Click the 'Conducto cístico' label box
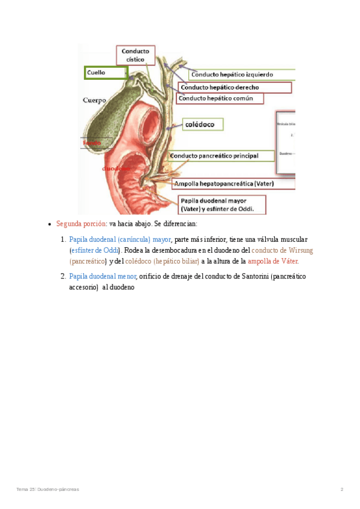136,55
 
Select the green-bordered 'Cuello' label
106,73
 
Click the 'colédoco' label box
203,124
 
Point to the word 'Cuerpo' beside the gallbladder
94,100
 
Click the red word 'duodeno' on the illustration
116,169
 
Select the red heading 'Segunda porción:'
82,223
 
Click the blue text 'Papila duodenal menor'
103,276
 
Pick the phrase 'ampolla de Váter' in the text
273,261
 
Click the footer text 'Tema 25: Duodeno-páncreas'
47,489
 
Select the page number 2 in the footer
342,489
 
